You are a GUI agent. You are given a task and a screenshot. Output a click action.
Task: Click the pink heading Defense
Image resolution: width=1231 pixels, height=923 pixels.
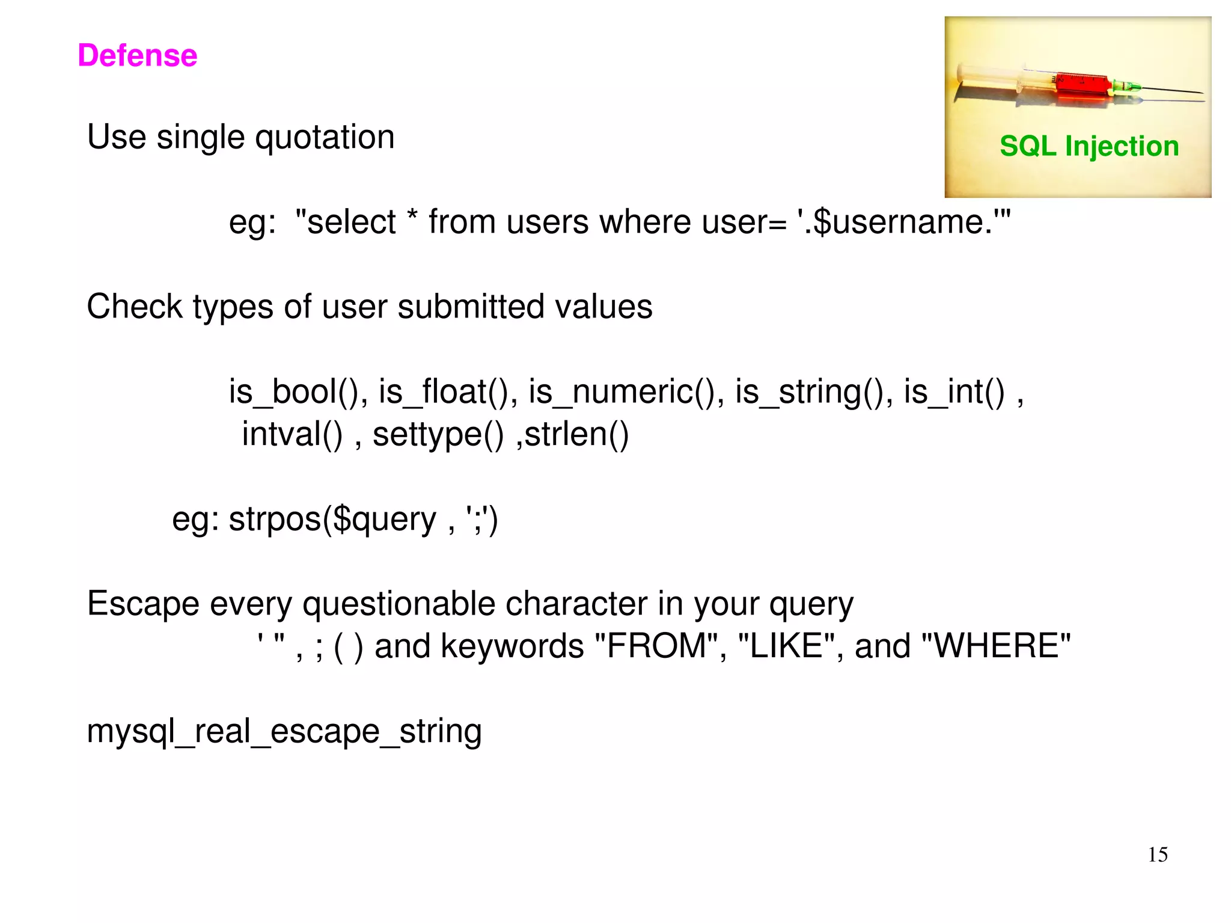click(x=137, y=55)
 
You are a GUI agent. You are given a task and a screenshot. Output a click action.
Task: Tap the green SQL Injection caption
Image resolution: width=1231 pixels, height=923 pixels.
click(x=1089, y=146)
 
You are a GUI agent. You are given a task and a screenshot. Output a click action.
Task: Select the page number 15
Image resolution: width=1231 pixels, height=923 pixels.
click(x=1157, y=854)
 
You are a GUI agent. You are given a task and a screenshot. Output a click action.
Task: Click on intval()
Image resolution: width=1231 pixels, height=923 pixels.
click(x=292, y=434)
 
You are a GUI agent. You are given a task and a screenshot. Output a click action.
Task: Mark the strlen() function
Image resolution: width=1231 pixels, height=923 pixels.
click(x=576, y=434)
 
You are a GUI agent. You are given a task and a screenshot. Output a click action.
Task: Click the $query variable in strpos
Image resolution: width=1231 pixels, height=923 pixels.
click(x=384, y=520)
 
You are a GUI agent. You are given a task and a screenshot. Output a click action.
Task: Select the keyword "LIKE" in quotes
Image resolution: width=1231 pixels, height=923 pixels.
click(x=787, y=646)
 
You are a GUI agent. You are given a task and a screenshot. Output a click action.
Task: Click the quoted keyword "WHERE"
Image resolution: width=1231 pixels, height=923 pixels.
click(x=995, y=646)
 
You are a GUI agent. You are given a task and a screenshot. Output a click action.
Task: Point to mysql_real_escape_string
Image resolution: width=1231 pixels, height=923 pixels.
click(x=284, y=732)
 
